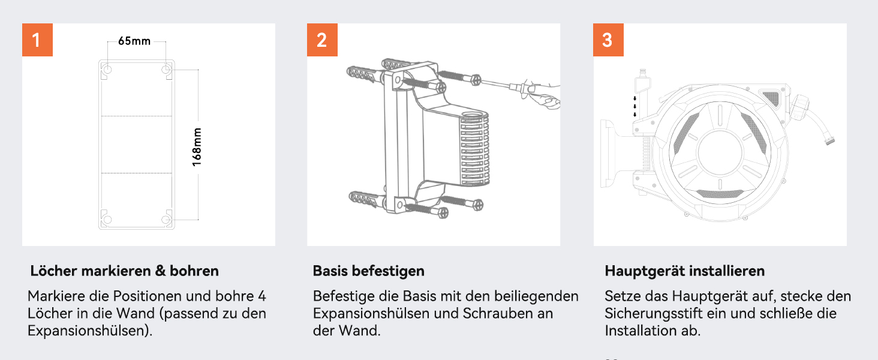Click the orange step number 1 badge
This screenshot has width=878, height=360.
coord(37,40)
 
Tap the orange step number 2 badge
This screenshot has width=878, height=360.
coord(322,40)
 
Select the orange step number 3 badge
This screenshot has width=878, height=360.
coord(608,40)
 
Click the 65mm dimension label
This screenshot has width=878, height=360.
coord(134,41)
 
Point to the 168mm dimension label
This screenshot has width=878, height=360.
coord(197,147)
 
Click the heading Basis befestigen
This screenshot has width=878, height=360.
coord(368,271)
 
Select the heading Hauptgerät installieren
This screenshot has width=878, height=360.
coord(685,271)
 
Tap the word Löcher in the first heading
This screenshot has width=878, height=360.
coord(53,271)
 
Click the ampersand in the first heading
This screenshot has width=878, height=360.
coord(160,271)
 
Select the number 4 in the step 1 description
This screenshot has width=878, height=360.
coord(262,296)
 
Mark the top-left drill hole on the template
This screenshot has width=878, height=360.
coord(107,70)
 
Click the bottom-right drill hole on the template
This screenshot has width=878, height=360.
coord(166,219)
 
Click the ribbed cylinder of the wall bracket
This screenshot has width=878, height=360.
coord(474,148)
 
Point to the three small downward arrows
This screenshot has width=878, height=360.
coord(635,106)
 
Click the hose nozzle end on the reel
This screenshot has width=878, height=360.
coord(830,140)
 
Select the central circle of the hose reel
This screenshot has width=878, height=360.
coord(720,152)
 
